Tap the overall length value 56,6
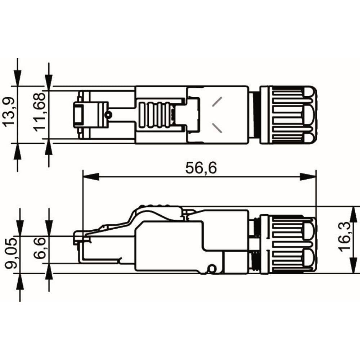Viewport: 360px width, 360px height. coord(201,168)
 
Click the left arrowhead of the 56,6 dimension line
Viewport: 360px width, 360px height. coord(90,176)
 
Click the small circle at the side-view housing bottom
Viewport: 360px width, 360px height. coord(212,268)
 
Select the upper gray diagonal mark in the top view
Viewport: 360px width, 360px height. coord(218,102)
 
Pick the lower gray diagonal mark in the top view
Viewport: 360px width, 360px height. coord(218,127)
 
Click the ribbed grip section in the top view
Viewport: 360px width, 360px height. coord(154,115)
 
